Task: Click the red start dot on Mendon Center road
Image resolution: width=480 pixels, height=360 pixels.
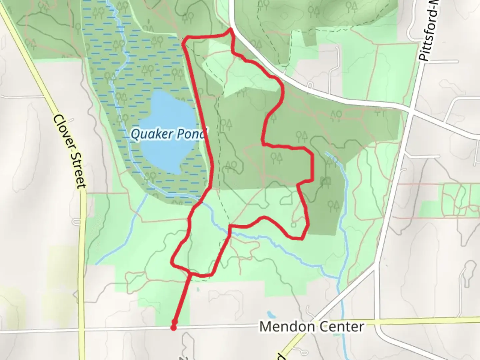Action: pos(173,328)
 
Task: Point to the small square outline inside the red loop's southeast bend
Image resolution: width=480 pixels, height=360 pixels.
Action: pos(294,224)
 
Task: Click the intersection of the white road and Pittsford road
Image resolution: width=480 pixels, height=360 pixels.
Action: pos(411,112)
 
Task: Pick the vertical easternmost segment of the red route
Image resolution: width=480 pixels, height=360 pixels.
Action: pos(312,167)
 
